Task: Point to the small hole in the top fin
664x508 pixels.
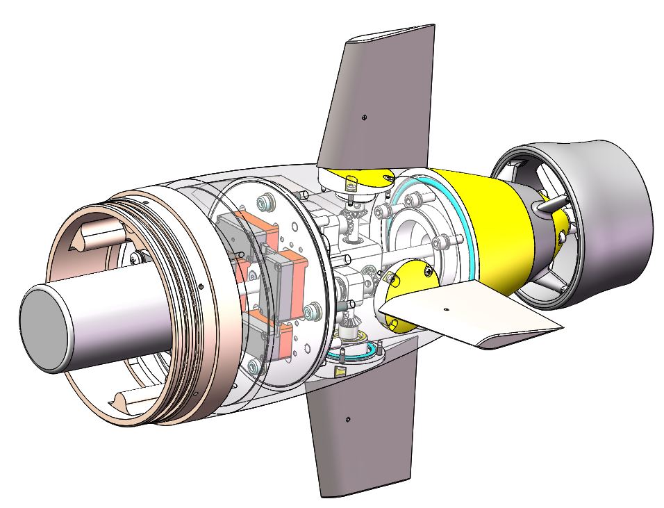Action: point(364,117)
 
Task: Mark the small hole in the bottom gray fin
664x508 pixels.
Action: point(347,418)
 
